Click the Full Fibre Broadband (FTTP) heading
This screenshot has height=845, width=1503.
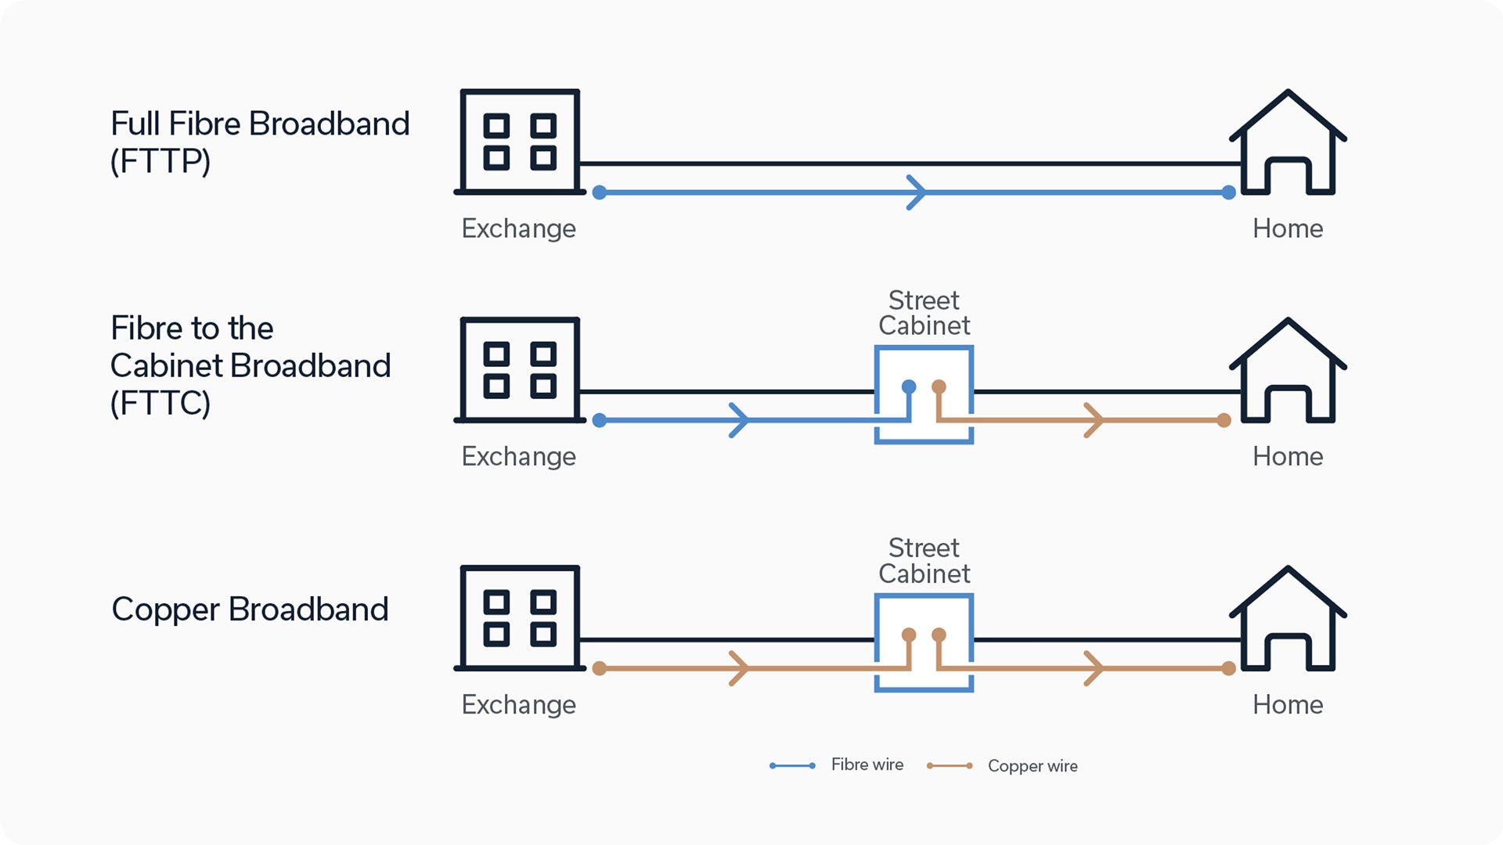point(259,142)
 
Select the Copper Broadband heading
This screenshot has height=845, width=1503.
point(250,609)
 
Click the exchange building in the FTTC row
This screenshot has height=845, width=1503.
point(520,369)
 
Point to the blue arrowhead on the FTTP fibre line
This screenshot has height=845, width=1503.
point(917,192)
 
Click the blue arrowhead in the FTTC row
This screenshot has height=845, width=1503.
point(740,421)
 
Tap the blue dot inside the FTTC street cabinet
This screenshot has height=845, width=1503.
point(909,387)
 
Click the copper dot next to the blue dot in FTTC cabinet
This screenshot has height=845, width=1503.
point(939,387)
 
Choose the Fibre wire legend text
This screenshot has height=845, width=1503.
point(867,764)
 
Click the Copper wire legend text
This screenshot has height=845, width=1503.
point(1032,766)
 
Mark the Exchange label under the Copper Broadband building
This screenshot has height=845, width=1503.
point(518,704)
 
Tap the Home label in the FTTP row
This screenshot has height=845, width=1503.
point(1288,228)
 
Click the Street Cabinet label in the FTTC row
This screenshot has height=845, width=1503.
point(924,313)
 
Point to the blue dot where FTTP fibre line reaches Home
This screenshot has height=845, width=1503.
point(1229,192)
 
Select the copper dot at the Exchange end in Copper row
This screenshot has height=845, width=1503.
point(600,668)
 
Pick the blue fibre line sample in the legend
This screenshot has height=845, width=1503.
point(792,765)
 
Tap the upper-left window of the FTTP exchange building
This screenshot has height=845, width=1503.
point(496,126)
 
